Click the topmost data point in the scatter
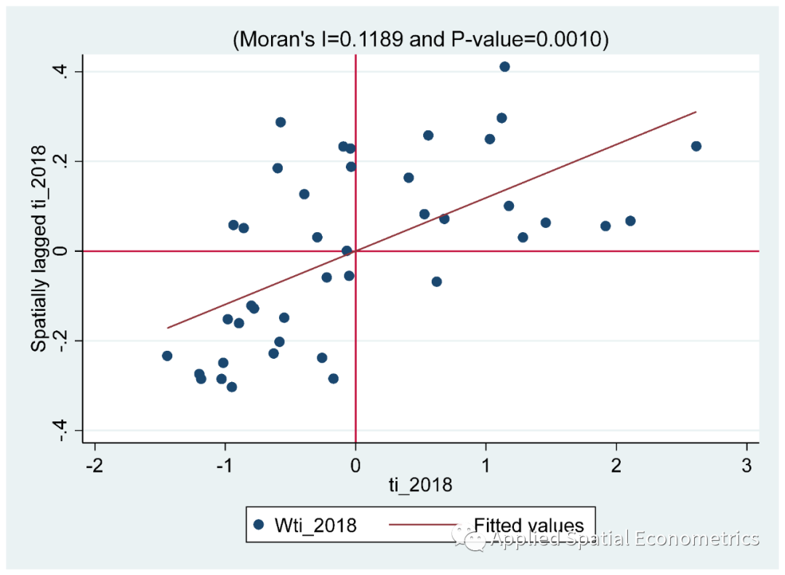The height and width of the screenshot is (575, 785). coord(504,67)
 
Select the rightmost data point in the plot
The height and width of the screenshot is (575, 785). coord(696,146)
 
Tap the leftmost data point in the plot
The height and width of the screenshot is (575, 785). coord(167,356)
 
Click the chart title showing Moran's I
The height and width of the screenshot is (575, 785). coord(420,40)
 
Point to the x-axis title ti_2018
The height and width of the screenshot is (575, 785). coord(420,485)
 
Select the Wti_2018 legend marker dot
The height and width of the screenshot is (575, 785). coord(258,525)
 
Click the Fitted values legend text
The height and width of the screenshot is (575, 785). coord(528,526)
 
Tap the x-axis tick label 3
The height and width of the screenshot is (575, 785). coord(746,466)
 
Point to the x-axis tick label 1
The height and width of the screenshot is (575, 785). coord(486,466)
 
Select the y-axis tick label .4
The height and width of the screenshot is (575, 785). coord(60,71)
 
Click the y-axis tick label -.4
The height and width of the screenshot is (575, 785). coord(60,429)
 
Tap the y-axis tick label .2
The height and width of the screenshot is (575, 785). coord(60,161)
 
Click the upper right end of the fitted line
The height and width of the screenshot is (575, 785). coord(696,112)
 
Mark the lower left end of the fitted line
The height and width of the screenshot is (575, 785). coord(168,328)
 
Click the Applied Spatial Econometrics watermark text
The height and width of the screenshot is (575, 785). coord(625,539)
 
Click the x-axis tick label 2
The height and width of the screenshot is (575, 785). coord(616,466)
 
